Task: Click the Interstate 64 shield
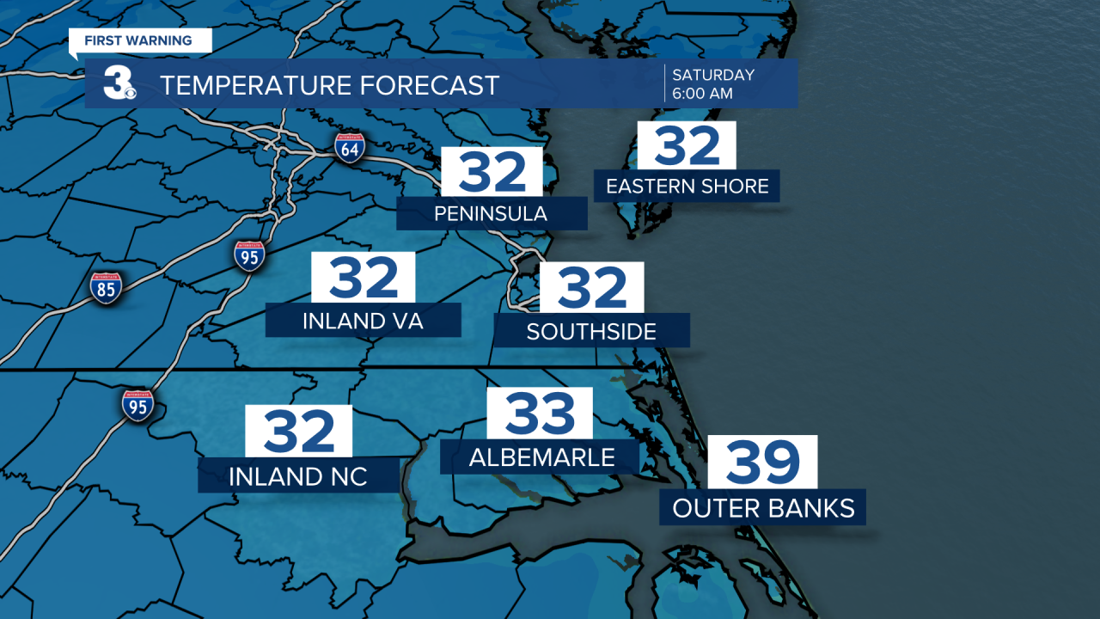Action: click(350, 148)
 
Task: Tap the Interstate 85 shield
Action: click(106, 288)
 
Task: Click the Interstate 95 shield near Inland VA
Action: click(249, 256)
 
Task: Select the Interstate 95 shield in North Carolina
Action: click(137, 405)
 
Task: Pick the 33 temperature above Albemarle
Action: click(540, 414)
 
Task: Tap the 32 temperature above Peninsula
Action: click(492, 172)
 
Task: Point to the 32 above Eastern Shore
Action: click(686, 145)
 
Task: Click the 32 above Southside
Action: click(591, 287)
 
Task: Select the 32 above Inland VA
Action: click(364, 277)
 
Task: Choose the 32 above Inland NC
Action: click(299, 432)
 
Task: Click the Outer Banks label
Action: click(763, 508)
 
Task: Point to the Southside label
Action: click(591, 331)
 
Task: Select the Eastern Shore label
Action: click(687, 187)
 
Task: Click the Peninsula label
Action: click(491, 213)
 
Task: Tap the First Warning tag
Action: click(137, 40)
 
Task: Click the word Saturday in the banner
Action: click(713, 75)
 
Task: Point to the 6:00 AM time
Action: click(702, 94)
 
